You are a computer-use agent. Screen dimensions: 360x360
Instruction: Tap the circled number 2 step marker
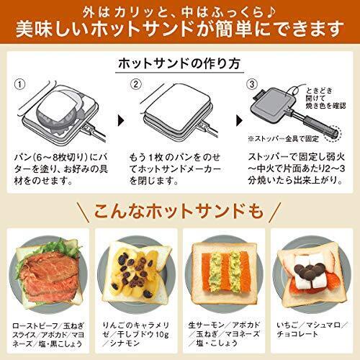[134, 84]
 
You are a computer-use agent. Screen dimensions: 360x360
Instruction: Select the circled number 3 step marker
[251, 84]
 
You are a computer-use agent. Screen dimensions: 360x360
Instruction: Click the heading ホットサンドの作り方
[180, 63]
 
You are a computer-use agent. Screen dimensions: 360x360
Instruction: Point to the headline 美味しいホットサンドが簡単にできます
[180, 31]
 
